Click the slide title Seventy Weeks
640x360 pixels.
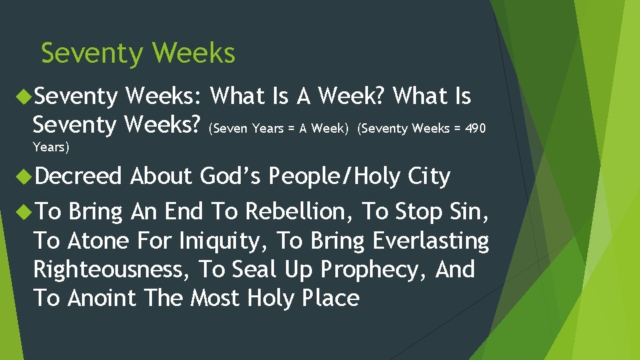click(138, 53)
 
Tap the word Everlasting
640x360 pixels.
click(431, 241)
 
